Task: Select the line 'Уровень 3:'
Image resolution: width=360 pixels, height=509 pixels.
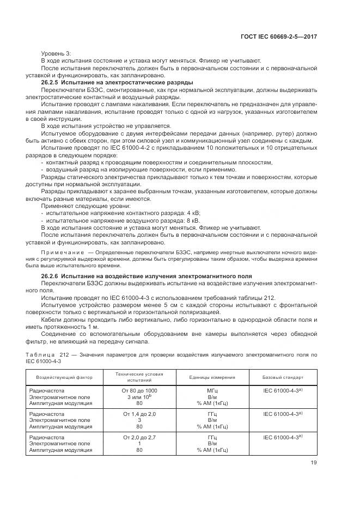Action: pos(56,53)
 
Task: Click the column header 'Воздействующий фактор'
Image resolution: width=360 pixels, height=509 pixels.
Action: pos(64,377)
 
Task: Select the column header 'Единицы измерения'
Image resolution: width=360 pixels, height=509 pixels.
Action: pos(212,377)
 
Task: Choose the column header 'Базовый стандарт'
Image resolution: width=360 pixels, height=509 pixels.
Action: pos(283,377)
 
